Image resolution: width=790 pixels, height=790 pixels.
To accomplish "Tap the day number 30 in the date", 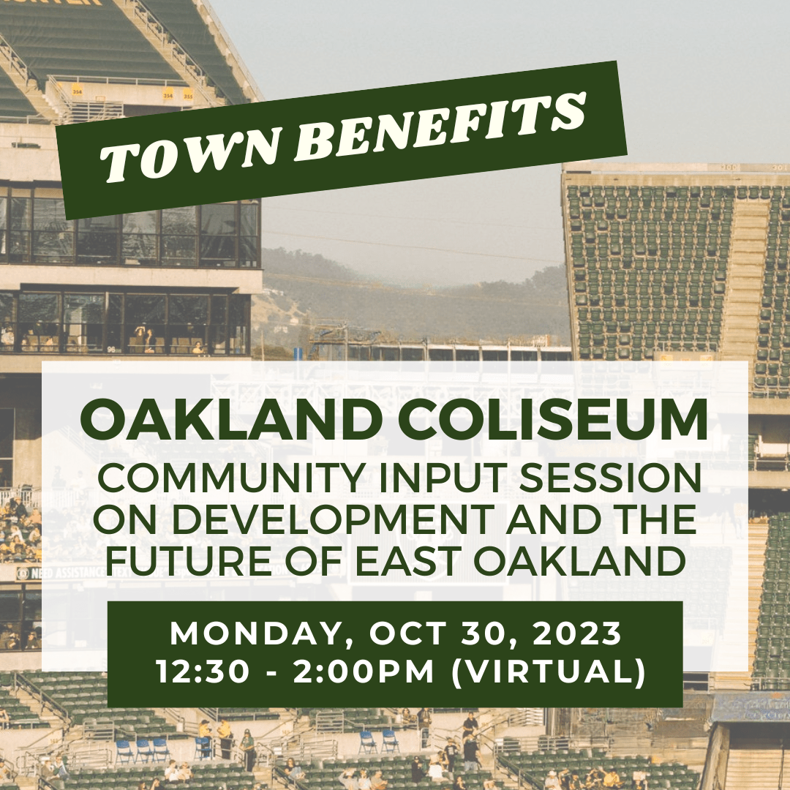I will (x=480, y=633).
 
